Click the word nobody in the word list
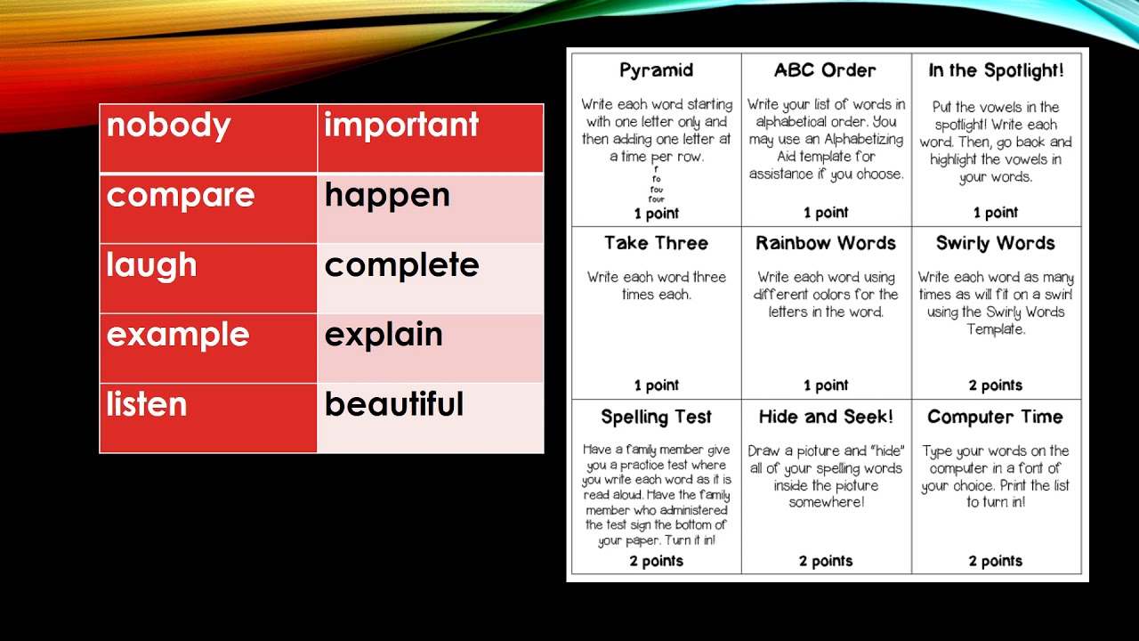coord(168,125)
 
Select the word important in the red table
coord(401,125)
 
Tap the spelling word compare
coord(181,195)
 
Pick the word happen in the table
coord(387,195)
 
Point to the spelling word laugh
coord(151,264)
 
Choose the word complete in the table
coord(401,264)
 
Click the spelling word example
coord(178,334)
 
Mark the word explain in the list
coord(384,334)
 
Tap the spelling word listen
coord(147,404)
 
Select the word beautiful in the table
coord(394,404)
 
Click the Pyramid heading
coord(657,70)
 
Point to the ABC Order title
coord(825,70)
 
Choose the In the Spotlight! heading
coord(996,70)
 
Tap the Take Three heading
coord(657,243)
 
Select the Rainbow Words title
coord(826,243)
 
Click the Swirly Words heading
coord(996,243)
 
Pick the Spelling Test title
coord(657,417)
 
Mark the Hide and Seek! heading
coord(826,417)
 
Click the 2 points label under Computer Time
coord(996,561)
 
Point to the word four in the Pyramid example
coord(657,199)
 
